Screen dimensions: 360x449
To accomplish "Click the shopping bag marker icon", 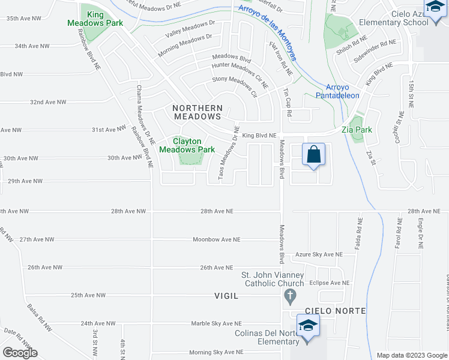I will click(x=314, y=155).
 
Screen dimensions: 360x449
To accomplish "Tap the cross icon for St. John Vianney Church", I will click(x=290, y=296).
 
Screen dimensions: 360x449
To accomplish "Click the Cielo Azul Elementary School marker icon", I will click(x=433, y=7).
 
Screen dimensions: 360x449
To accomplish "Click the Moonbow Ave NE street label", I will click(x=216, y=239).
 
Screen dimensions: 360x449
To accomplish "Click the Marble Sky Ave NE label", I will click(x=216, y=323).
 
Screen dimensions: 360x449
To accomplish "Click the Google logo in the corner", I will click(x=19, y=353).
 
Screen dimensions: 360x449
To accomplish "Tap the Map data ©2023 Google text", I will click(x=412, y=355).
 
